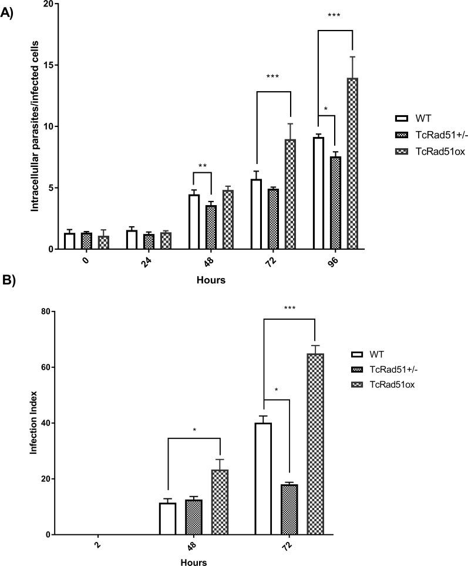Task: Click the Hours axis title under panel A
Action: point(211,280)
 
